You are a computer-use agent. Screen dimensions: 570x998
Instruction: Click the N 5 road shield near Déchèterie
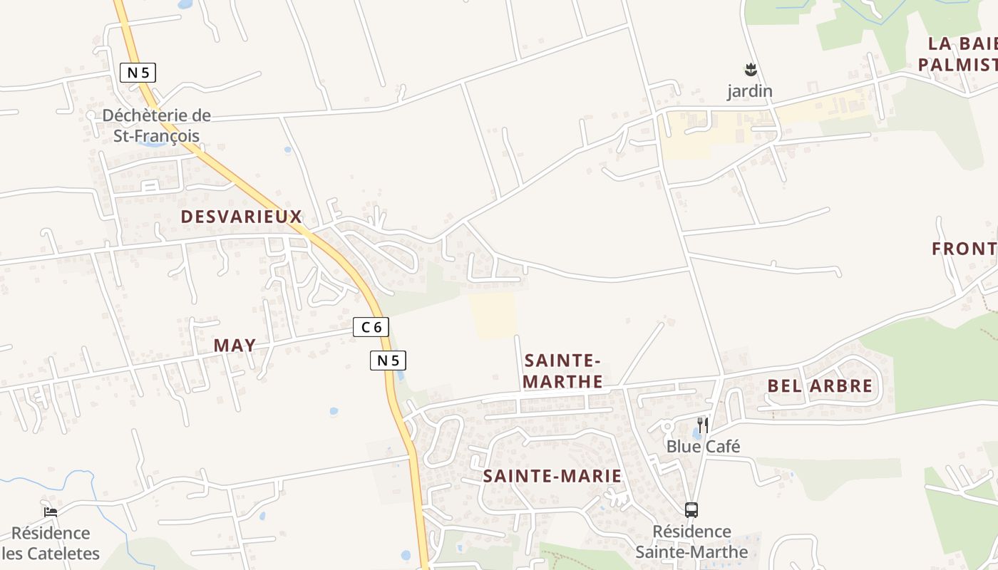click(x=138, y=72)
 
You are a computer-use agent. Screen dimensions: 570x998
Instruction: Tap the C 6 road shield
click(x=371, y=327)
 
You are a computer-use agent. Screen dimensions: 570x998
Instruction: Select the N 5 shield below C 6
click(x=388, y=361)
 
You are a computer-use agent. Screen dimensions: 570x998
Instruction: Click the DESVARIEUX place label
click(x=242, y=217)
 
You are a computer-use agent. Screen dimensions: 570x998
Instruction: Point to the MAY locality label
click(x=235, y=346)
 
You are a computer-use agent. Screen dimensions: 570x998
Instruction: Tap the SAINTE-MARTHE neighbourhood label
click(x=563, y=370)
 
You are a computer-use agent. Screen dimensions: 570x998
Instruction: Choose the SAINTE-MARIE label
click(x=552, y=476)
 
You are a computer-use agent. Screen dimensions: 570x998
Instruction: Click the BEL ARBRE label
click(x=820, y=386)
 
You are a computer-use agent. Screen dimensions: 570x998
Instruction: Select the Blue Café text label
click(x=703, y=447)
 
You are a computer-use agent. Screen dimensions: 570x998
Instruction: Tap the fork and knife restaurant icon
click(x=703, y=425)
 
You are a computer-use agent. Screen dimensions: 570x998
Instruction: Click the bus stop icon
click(x=691, y=510)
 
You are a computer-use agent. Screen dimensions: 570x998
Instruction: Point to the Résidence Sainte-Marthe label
click(x=691, y=541)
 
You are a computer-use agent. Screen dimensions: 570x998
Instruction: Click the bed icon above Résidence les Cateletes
click(x=50, y=512)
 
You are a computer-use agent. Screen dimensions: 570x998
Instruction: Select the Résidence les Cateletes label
click(x=51, y=543)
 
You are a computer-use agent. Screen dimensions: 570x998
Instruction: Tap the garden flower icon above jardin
click(x=750, y=70)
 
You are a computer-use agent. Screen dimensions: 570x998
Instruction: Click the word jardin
click(x=750, y=91)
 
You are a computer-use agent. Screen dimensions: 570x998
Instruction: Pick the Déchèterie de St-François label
click(x=157, y=125)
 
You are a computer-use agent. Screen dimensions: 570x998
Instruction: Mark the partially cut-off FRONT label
click(x=964, y=249)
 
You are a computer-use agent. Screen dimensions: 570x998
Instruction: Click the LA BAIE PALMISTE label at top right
click(x=957, y=54)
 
